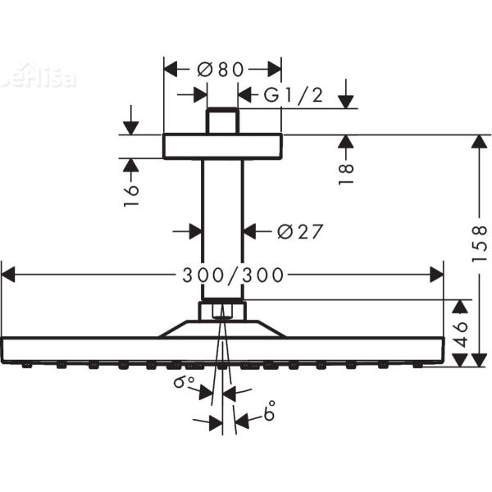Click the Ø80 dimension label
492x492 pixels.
click(221, 70)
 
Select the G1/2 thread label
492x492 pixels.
click(293, 95)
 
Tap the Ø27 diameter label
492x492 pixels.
click(298, 232)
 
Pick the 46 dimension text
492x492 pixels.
click(462, 334)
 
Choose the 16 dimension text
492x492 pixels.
click(131, 194)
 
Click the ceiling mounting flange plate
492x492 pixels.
click(222, 147)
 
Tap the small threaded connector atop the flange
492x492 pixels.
click(222, 121)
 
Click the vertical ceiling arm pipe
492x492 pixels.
click(222, 230)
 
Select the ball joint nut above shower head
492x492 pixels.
click(222, 311)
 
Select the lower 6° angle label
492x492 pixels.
click(268, 414)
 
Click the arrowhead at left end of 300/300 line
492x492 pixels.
click(7, 276)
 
